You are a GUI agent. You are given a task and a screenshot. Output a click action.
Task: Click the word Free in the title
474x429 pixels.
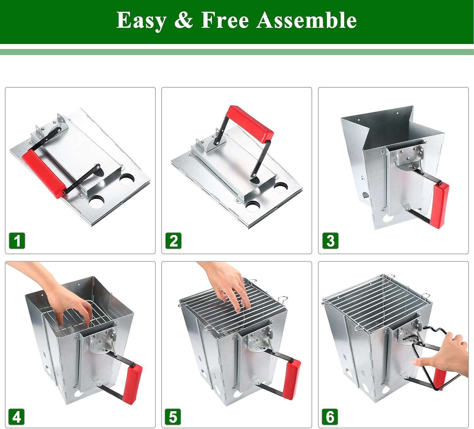click(225, 21)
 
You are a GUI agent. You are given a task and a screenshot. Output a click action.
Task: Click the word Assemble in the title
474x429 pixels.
click(306, 21)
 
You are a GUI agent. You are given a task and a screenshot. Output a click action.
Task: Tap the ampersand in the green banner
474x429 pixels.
click(183, 21)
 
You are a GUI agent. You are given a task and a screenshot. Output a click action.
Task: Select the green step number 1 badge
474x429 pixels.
click(17, 241)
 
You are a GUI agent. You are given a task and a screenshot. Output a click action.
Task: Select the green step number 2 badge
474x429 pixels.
click(173, 241)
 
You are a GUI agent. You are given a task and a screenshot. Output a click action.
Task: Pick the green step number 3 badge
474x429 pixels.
click(330, 241)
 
